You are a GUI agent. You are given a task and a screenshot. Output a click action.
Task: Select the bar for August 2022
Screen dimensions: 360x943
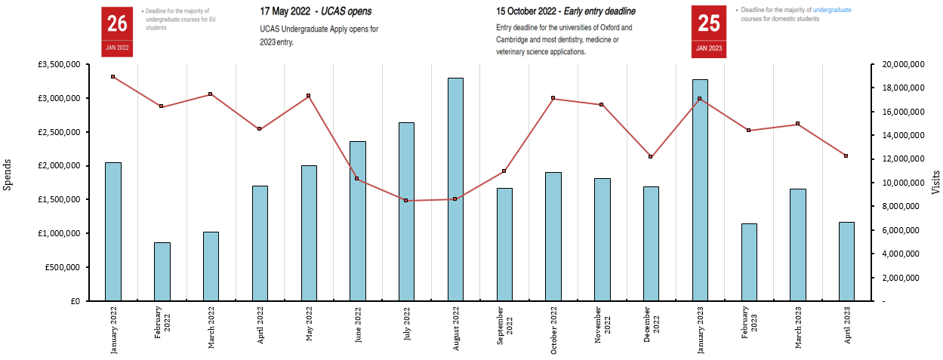coord(455,189)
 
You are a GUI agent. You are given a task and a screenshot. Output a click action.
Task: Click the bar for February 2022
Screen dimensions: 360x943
coord(162,272)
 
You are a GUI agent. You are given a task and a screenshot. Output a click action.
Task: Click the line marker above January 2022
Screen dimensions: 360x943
coord(112,77)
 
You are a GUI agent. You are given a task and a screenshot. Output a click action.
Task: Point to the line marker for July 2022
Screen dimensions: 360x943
coord(405,201)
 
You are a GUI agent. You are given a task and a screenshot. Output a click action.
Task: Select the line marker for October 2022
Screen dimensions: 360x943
coord(553,98)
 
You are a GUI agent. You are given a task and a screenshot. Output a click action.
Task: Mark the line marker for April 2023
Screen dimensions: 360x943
coord(846,156)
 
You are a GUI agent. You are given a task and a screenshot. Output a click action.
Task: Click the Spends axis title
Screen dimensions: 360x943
coord(8,174)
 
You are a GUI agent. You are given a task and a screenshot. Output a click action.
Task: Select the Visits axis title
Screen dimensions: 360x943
coord(935,183)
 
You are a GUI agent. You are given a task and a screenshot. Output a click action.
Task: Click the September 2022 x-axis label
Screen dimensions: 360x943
coord(504,325)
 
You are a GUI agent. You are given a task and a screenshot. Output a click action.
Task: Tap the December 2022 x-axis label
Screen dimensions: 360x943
coord(651,325)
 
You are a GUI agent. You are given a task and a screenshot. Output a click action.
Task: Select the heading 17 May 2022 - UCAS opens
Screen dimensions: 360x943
coord(316,12)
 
